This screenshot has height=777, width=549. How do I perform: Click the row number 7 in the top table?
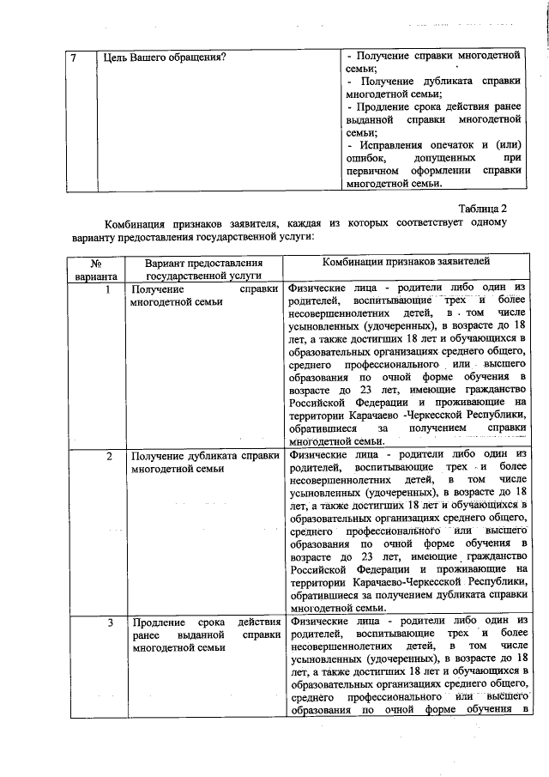[x=75, y=58]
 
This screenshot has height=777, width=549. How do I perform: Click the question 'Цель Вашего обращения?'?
[x=164, y=58]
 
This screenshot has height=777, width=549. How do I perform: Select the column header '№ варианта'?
[x=96, y=270]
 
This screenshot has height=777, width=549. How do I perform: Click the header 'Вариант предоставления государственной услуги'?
[x=202, y=270]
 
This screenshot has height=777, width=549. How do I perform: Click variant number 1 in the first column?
[x=108, y=290]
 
